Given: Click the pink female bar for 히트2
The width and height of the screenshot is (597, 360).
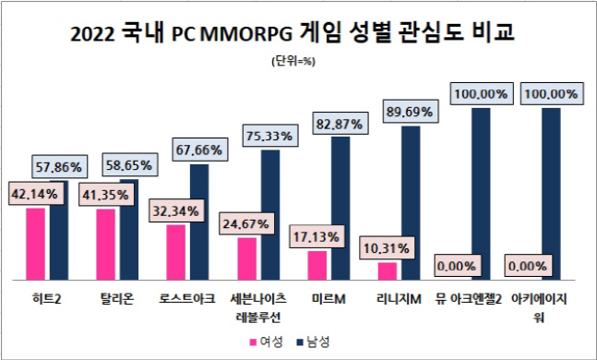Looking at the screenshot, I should (x=35, y=244).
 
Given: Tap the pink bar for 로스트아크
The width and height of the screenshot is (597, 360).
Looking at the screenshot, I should (x=175, y=251).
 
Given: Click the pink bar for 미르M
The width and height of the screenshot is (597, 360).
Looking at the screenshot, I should (x=317, y=265).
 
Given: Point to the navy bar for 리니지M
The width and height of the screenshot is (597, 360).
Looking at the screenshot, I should (x=412, y=203).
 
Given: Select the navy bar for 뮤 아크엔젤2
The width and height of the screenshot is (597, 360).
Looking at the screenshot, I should (x=482, y=194).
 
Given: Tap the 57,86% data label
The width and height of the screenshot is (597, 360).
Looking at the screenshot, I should (x=60, y=167).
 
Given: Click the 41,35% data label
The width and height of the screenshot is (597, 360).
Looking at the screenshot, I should (x=107, y=196).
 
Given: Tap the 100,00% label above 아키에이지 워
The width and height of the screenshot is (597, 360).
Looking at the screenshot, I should (x=552, y=94).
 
